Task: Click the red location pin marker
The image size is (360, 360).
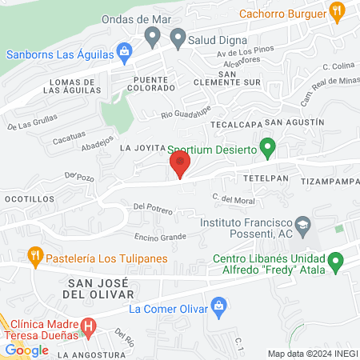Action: tap(180, 164)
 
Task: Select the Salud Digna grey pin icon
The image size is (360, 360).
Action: tap(154, 37)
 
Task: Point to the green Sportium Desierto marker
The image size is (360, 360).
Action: tap(270, 148)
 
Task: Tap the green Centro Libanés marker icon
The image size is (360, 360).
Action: tap(337, 261)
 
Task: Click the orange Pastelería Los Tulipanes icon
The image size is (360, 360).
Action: tap(34, 258)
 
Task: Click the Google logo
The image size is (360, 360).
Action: tap(26, 350)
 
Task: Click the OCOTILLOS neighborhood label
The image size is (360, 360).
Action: tap(29, 198)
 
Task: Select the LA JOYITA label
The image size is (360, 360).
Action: tap(142, 148)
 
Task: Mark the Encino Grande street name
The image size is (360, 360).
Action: tap(160, 237)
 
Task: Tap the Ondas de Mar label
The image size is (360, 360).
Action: tap(133, 19)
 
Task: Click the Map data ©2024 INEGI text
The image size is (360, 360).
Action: tap(312, 354)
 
